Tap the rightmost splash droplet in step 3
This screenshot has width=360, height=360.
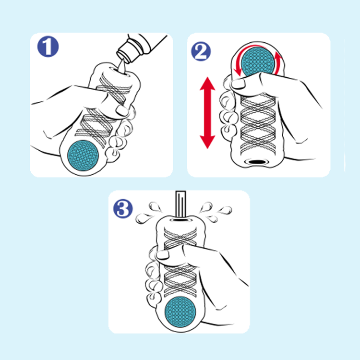coord(225,210)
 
